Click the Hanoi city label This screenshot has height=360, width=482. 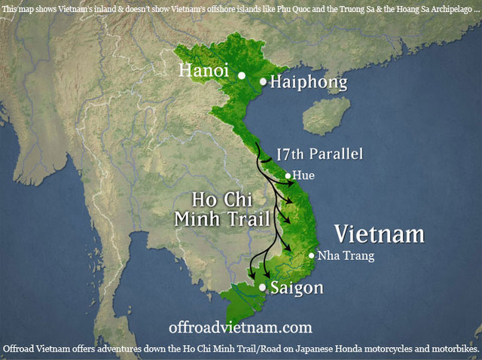(204, 72)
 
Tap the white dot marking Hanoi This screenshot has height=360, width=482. (242, 75)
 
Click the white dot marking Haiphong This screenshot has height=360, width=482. (263, 81)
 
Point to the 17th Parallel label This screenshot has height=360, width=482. (320, 154)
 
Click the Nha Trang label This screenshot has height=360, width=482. (346, 255)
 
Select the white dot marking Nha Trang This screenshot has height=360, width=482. (312, 255)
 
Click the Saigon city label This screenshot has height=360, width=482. (297, 288)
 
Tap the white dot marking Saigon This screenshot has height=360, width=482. (262, 288)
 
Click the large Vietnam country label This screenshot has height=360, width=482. (379, 233)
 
